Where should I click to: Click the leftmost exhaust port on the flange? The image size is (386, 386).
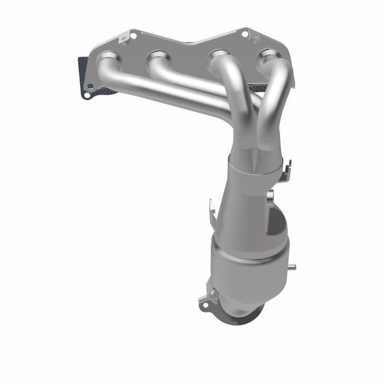[x=107, y=63]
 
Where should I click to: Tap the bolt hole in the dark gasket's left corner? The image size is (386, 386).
[x=86, y=95]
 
